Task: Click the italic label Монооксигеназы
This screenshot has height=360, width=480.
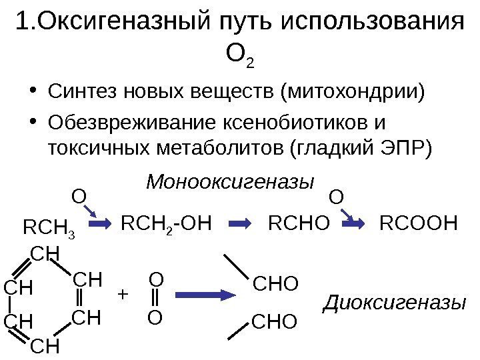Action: (x=230, y=181)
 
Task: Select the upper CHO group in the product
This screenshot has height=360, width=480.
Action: (x=275, y=285)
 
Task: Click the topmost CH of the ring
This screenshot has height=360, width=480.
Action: (x=44, y=253)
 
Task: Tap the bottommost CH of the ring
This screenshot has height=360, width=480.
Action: (x=45, y=347)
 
